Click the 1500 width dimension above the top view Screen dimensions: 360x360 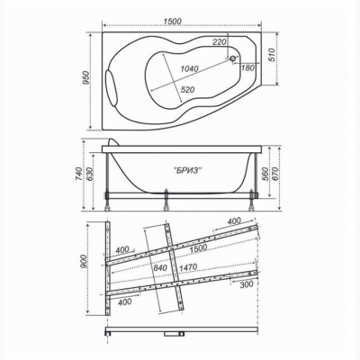[x=173, y=22]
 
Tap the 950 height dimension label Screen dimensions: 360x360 [x=86, y=78]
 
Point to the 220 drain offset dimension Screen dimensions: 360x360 [x=219, y=42]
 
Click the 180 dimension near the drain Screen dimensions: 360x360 [x=247, y=67]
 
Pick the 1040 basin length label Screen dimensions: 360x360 [x=189, y=68]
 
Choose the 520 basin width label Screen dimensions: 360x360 [x=188, y=89]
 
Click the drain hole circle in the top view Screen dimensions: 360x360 [x=232, y=58]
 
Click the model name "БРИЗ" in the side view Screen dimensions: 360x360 [x=188, y=170]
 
